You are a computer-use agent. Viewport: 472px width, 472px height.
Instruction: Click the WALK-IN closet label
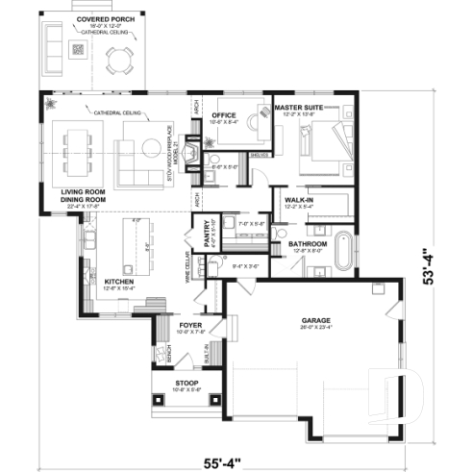coord(301,200)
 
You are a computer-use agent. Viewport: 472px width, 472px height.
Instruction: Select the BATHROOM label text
coord(309,245)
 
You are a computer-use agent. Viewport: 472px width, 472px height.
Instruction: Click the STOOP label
coord(186,383)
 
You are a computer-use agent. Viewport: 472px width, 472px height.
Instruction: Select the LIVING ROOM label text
coord(82,192)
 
